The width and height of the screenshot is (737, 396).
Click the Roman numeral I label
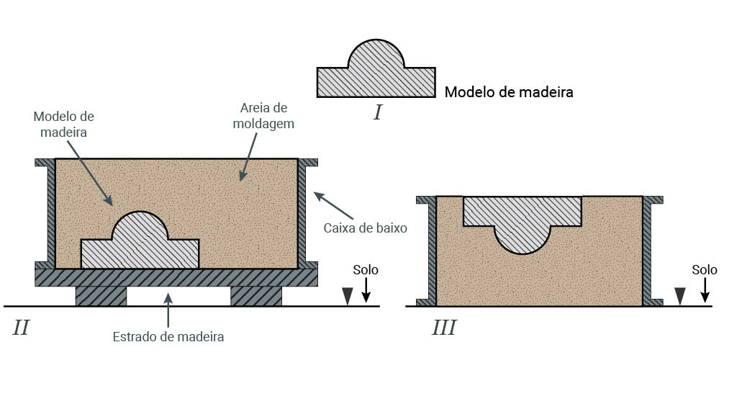point(377,112)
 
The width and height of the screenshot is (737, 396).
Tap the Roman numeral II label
point(21,328)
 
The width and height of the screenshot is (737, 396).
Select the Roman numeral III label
point(444,328)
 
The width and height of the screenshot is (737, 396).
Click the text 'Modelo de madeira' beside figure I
point(508,92)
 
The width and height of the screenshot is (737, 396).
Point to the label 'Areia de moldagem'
point(263,115)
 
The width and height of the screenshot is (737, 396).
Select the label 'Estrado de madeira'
point(168,336)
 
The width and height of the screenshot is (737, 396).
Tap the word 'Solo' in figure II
point(366,270)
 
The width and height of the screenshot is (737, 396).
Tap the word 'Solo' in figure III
point(705,270)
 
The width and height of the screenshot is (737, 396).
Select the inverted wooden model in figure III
point(523,216)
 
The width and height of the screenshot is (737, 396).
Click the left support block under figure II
point(101,296)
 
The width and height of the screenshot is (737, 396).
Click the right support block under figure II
point(256,296)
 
